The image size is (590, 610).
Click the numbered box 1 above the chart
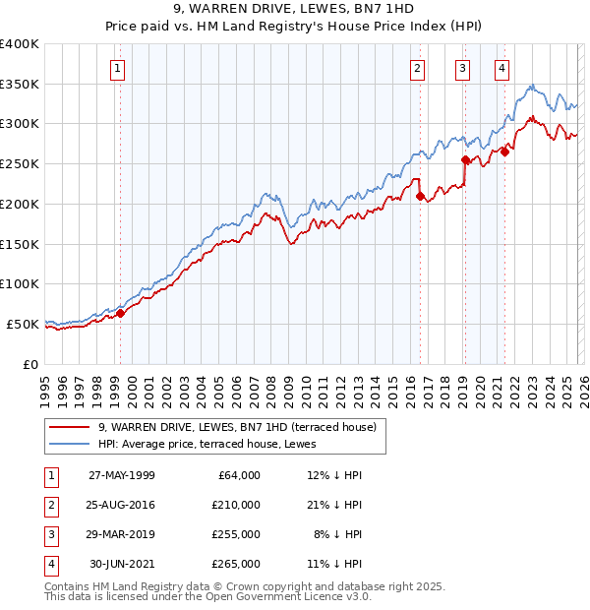pyautogui.click(x=117, y=68)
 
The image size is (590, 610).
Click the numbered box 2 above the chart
pyautogui.click(x=417, y=68)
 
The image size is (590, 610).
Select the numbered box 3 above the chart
pyautogui.click(x=462, y=68)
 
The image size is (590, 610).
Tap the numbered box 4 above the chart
pyautogui.click(x=501, y=68)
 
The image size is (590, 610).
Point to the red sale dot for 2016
pyautogui.click(x=420, y=196)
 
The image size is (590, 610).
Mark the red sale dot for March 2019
pyautogui.click(x=465, y=159)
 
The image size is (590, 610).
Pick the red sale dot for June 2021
pyautogui.click(x=504, y=152)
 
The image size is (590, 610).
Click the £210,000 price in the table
pyautogui.click(x=236, y=504)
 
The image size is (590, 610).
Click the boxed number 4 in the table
pyautogui.click(x=50, y=564)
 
